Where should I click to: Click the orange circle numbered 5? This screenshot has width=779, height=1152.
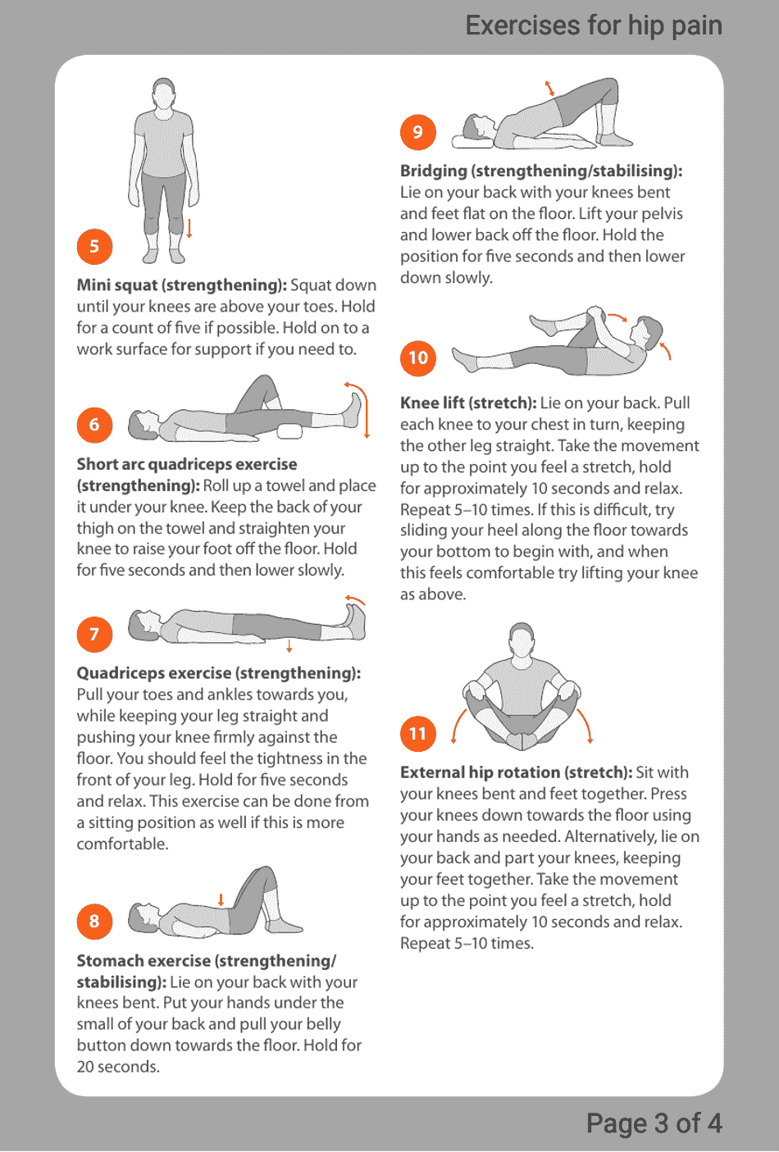(94, 247)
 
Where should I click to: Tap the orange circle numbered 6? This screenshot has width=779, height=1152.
(94, 425)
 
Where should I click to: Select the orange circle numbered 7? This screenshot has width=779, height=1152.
(94, 635)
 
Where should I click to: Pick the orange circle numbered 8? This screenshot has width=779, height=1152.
(94, 922)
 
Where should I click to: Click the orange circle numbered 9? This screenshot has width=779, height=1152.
(418, 133)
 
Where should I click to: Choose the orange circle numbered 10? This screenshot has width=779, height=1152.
(418, 358)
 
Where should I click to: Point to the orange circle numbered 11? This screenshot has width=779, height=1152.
(418, 734)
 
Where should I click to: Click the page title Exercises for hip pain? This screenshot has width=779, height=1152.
(594, 25)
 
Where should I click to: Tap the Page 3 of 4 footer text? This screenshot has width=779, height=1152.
(654, 1122)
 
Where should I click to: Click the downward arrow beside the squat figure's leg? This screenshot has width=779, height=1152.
(189, 228)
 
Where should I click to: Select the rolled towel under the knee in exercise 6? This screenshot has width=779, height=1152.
(289, 431)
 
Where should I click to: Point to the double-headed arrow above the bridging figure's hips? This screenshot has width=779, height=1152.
(549, 88)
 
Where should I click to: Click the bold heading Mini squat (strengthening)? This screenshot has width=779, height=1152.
(181, 285)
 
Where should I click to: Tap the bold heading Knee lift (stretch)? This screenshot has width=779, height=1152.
(467, 403)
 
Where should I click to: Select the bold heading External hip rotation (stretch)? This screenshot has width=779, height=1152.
(516, 772)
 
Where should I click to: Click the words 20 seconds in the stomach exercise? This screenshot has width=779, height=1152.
(118, 1067)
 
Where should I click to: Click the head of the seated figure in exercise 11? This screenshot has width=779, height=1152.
(522, 639)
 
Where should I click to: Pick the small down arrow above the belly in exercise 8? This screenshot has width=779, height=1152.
(221, 899)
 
